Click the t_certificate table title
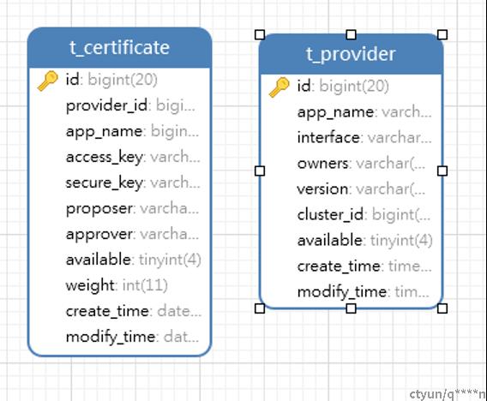click(119, 48)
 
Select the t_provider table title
click(351, 54)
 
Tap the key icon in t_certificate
click(47, 81)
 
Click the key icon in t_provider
click(279, 87)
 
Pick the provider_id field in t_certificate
click(106, 106)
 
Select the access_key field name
click(104, 157)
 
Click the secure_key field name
click(104, 183)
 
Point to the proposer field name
click(99, 209)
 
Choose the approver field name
click(99, 235)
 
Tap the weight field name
click(90, 286)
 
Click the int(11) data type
click(145, 285)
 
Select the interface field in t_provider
click(328, 137)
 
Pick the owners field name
click(322, 164)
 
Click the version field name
click(322, 189)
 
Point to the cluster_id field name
click(330, 215)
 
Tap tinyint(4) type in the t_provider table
click(401, 241)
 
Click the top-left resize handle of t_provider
click(260, 35)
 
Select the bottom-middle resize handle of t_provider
click(351, 308)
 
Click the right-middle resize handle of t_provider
click(442, 171)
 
